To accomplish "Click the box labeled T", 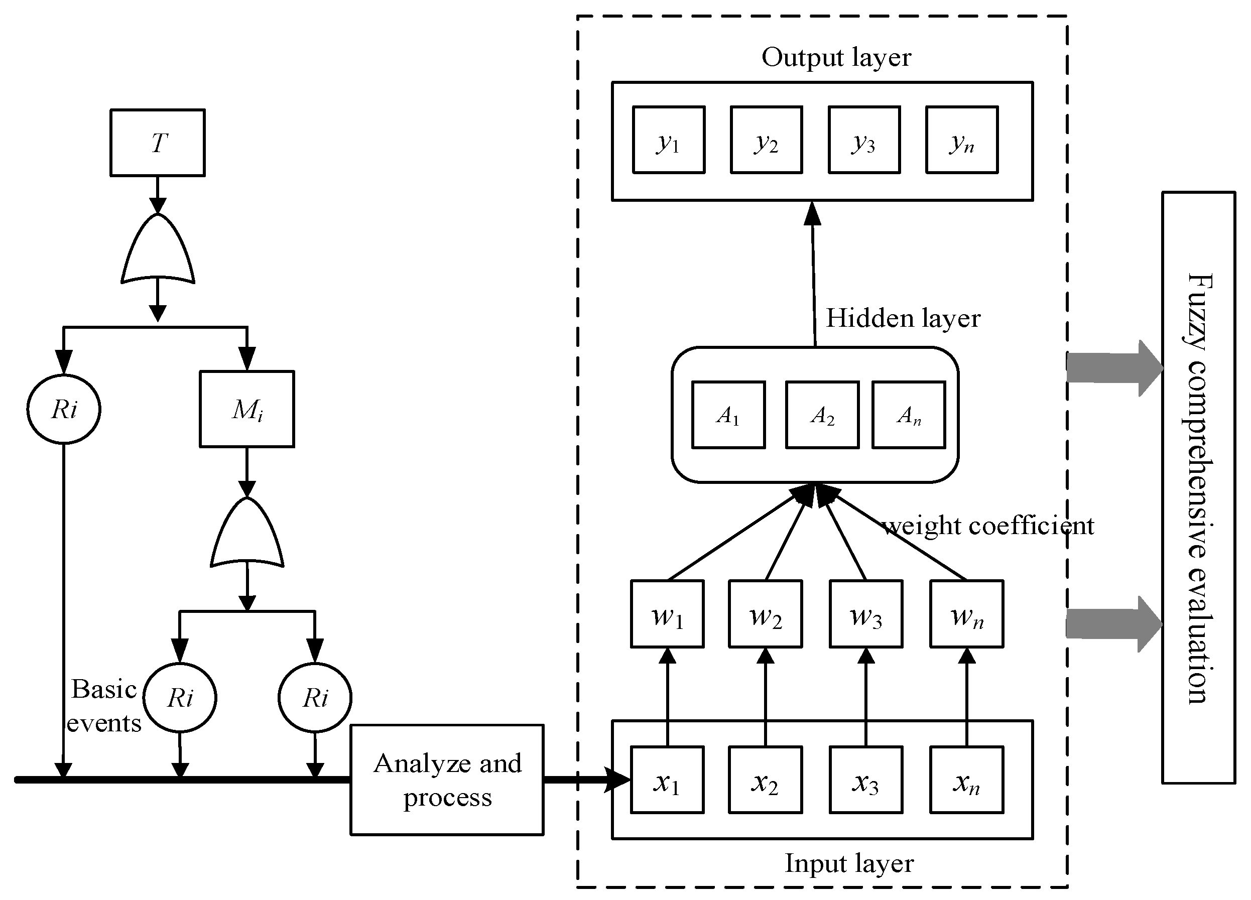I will (158, 143).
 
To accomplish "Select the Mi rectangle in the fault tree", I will (246, 409).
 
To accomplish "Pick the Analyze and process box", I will (447, 780).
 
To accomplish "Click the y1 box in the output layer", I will (669, 140).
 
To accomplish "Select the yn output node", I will (962, 140).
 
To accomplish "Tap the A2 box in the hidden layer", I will (822, 415).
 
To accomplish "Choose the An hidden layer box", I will (909, 415).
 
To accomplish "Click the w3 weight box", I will (866, 614).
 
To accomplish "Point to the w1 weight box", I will (668, 614).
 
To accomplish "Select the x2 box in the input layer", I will (765, 780).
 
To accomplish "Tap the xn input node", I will (966, 780).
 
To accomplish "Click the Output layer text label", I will (836, 57).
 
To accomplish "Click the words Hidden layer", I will (903, 318).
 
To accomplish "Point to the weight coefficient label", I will (988, 526).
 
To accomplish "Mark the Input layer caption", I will (849, 863).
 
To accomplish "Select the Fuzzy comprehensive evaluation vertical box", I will (1199, 487).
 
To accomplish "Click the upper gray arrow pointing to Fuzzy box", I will (1114, 368).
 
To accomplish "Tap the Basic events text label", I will (104, 706).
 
